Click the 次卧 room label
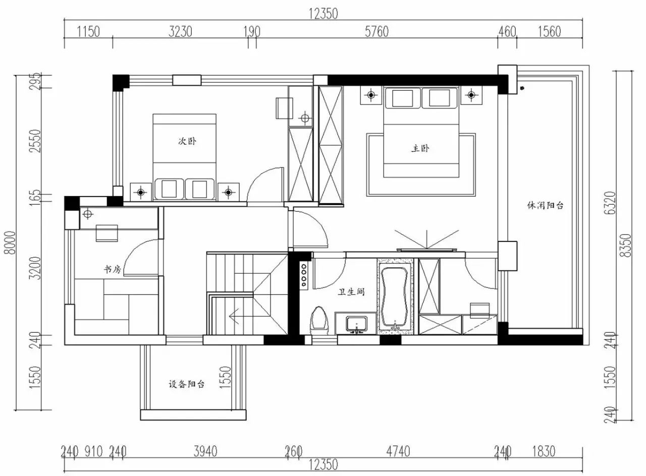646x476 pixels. click(x=187, y=142)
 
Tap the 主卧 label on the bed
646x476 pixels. click(x=420, y=148)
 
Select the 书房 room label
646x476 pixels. click(x=113, y=269)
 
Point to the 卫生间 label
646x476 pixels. click(x=351, y=292)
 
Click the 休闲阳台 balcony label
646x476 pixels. click(x=545, y=205)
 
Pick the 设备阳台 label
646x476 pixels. click(x=187, y=384)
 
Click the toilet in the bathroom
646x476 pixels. click(x=319, y=322)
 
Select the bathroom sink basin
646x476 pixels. click(x=357, y=324)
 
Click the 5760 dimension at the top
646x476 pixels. click(x=376, y=32)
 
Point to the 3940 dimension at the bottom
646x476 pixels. click(x=205, y=451)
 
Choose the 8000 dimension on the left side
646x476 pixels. click(x=11, y=243)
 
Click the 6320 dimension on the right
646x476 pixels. click(x=610, y=203)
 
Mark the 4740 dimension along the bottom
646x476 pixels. click(x=398, y=451)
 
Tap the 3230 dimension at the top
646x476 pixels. click(x=180, y=32)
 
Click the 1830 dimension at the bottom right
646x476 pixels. click(x=544, y=451)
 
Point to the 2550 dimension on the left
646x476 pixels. click(x=36, y=141)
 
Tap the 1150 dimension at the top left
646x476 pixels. click(x=88, y=32)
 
